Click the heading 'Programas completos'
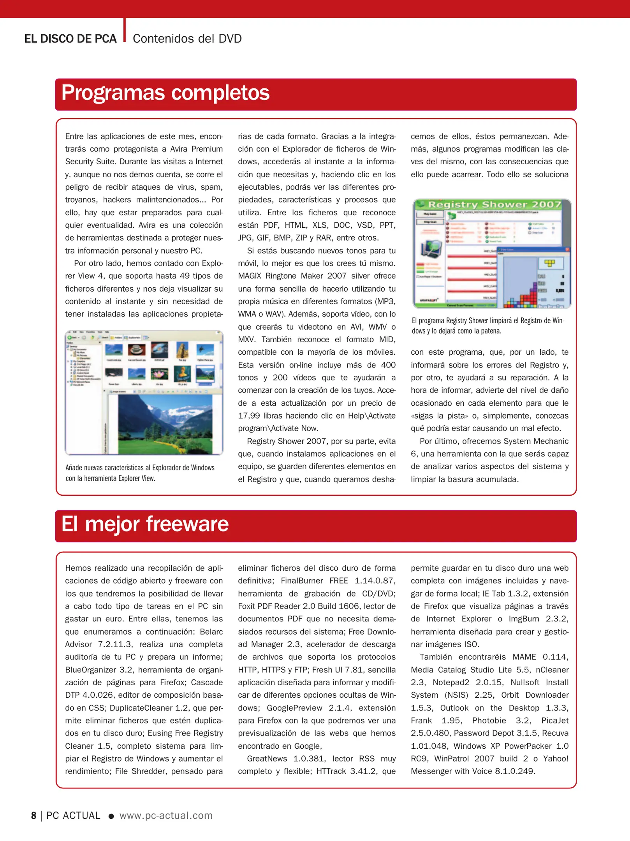(165, 93)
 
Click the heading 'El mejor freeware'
(145, 524)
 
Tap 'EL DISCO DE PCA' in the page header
(70, 39)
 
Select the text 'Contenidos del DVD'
(187, 39)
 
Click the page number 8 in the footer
(34, 816)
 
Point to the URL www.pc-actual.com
(166, 815)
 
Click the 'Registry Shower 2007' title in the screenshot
(494, 205)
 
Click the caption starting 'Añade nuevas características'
(140, 473)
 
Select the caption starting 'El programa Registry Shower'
(488, 325)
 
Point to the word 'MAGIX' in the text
(249, 276)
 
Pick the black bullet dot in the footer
(111, 816)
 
